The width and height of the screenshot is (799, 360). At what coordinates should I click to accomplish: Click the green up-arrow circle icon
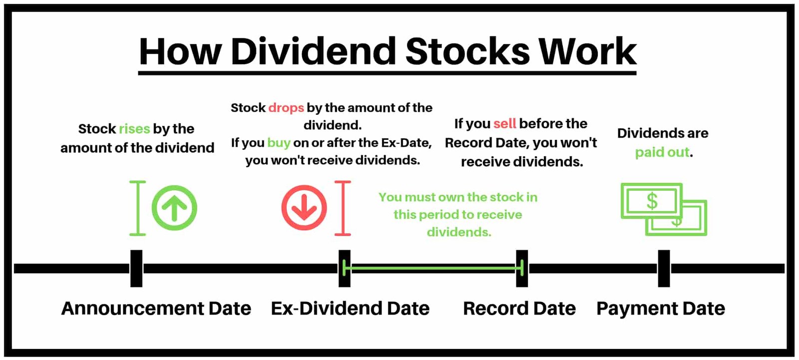click(x=174, y=208)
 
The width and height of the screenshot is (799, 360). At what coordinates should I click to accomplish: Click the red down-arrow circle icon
click(x=304, y=208)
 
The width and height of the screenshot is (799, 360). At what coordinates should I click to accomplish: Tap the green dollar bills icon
click(x=664, y=209)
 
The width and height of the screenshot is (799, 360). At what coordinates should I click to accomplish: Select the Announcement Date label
click(x=156, y=308)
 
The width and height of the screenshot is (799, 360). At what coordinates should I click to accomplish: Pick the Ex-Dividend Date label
click(x=350, y=308)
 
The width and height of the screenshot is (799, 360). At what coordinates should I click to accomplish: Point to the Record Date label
click(x=519, y=308)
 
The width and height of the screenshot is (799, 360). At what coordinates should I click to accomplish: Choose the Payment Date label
click(x=661, y=308)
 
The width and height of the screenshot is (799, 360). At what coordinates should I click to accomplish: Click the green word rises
click(x=134, y=129)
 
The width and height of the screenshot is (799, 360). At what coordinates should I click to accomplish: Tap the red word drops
click(x=286, y=108)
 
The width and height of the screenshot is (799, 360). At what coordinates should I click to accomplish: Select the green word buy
click(x=279, y=143)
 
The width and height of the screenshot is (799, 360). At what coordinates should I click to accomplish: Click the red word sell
click(x=505, y=124)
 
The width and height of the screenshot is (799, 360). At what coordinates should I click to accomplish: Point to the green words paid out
click(x=662, y=152)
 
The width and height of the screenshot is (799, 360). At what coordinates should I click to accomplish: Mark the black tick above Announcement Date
click(x=136, y=268)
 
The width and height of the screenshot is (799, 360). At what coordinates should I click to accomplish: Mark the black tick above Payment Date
click(x=664, y=268)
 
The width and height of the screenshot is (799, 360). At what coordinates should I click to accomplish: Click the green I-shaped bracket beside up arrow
click(x=138, y=208)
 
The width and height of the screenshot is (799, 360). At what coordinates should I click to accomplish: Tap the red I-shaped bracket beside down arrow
click(x=343, y=208)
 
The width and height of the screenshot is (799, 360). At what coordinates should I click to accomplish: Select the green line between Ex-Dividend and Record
click(x=433, y=268)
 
